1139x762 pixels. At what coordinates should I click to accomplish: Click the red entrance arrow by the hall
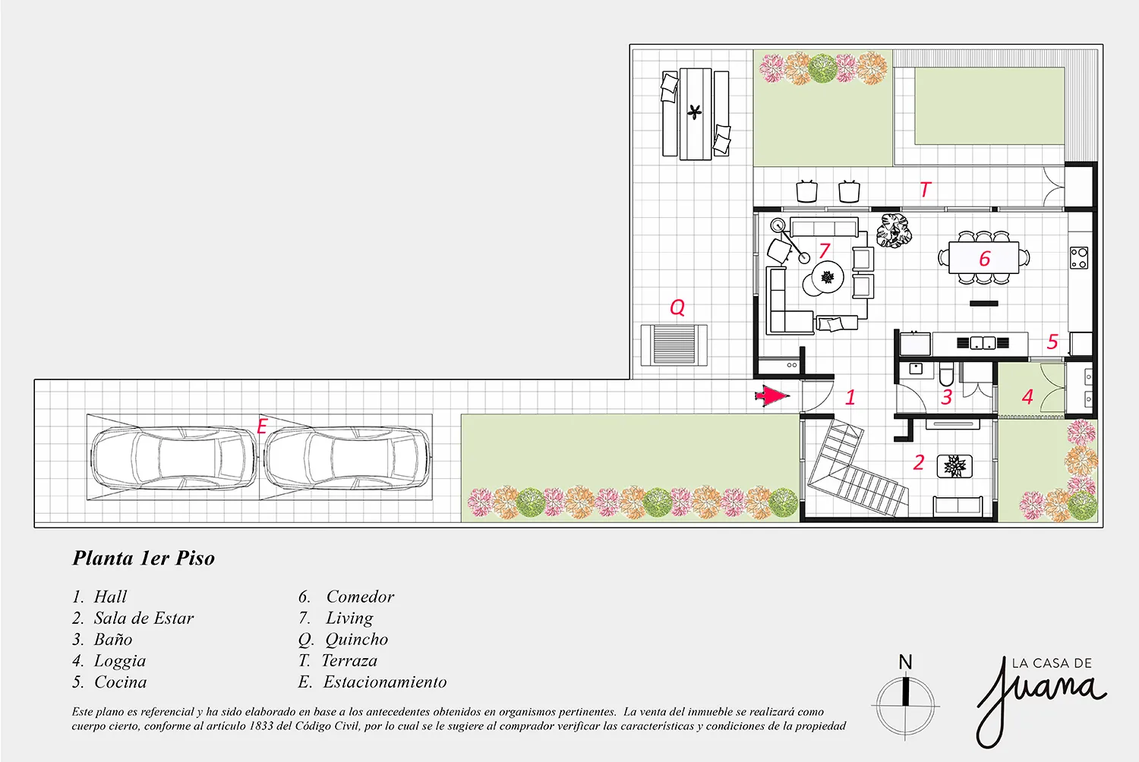coord(772,396)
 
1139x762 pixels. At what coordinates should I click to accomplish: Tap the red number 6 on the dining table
coord(985,259)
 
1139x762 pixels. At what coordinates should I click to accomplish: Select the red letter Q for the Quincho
coord(677,307)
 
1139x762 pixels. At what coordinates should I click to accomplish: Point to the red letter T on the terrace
coord(926,190)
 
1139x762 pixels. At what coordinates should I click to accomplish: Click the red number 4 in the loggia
coord(1027,396)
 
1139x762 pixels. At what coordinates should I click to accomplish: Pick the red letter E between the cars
coord(263,426)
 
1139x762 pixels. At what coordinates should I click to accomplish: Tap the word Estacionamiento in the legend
coord(385,682)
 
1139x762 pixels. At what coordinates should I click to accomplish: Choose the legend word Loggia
coord(120,661)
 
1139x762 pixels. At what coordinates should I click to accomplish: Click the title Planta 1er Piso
coord(144,558)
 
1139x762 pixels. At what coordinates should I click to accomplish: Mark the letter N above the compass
coord(905,662)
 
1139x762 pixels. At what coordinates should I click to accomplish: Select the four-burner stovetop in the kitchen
coord(1079,257)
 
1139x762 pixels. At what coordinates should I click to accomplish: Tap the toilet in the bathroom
coord(946,373)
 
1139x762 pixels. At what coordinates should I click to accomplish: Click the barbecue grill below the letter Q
coord(674,345)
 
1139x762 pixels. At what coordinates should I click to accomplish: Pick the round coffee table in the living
coord(828,277)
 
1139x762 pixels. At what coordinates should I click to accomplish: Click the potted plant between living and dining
coord(894,230)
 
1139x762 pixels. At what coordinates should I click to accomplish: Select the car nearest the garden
coord(348,458)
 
